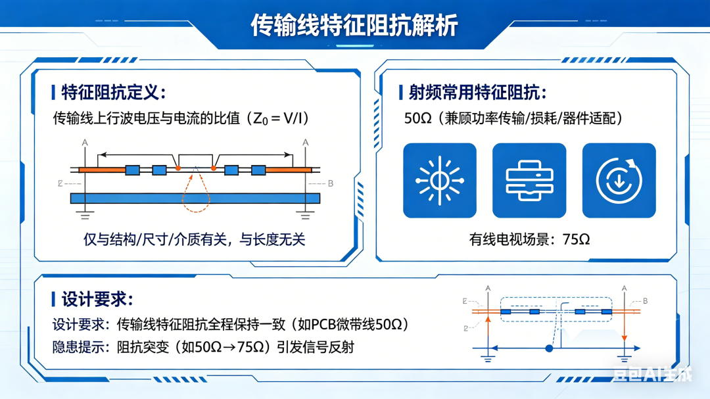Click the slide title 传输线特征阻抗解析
coord(354,25)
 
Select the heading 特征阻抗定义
coord(113,93)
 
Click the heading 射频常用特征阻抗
coord(478,93)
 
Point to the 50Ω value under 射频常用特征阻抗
coord(417,119)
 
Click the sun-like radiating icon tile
coord(440,180)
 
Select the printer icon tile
coord(529,180)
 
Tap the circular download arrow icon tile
coord(619,180)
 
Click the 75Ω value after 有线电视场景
coord(577,239)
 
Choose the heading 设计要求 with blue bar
coord(97,299)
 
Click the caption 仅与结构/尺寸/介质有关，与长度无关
coord(194,239)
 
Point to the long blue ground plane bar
coord(195,198)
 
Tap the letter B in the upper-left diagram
coord(331,183)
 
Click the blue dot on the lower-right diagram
coord(549,348)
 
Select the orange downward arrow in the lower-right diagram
coord(625,326)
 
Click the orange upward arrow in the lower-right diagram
coord(488,332)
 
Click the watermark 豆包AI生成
coord(653,374)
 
